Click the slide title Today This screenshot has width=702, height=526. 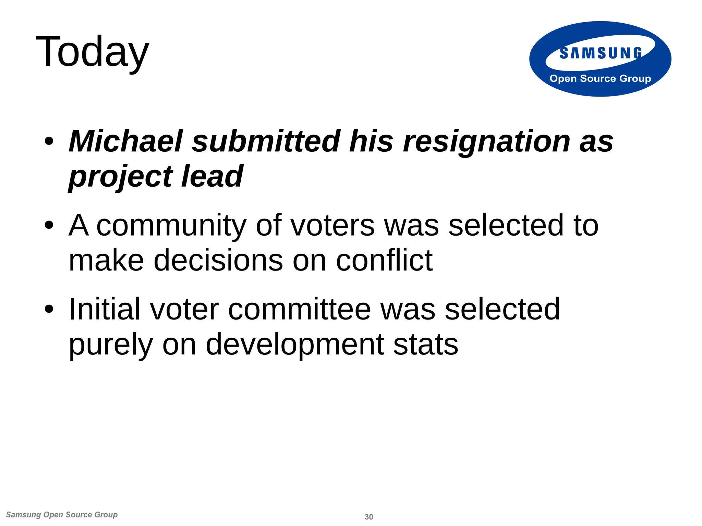[92, 52]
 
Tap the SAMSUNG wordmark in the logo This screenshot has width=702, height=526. [601, 53]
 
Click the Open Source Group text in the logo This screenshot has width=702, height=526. [600, 78]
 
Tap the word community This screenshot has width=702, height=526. [171, 226]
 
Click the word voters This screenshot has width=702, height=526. [332, 226]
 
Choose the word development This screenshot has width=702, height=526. [295, 345]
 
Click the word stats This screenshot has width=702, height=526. [425, 345]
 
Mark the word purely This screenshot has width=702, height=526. [111, 345]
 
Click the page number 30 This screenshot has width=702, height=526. [369, 517]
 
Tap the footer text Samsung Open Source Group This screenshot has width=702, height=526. [62, 515]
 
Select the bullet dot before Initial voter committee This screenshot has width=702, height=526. [49, 309]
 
